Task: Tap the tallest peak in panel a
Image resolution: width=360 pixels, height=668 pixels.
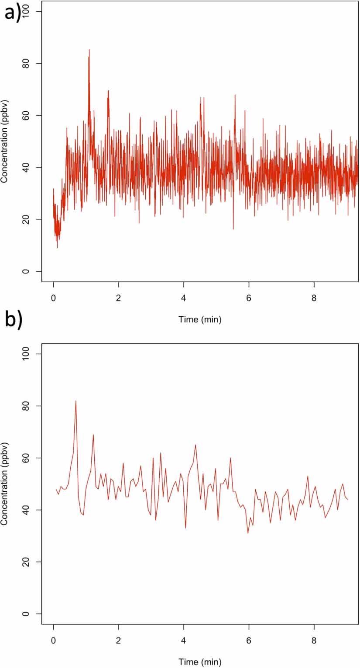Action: point(89,50)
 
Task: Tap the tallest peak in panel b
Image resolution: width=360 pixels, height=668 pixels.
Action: point(76,401)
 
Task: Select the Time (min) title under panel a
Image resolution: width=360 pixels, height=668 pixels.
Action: point(200,319)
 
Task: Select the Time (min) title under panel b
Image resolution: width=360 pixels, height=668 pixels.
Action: point(200,662)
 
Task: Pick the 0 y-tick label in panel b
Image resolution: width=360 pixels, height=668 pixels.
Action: point(31,614)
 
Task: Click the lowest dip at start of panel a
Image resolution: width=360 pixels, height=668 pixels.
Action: point(57,247)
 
